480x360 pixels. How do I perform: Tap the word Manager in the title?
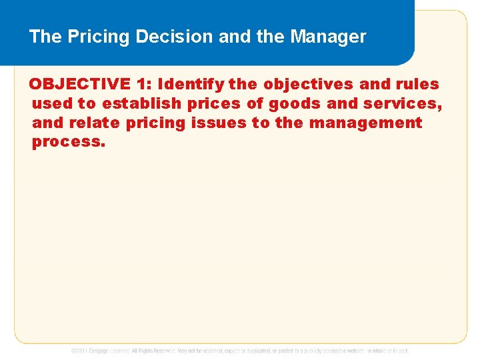coord(328,37)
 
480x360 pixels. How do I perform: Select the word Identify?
coord(191,85)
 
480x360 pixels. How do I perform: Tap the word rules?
coord(419,85)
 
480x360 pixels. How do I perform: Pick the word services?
coord(405,104)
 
